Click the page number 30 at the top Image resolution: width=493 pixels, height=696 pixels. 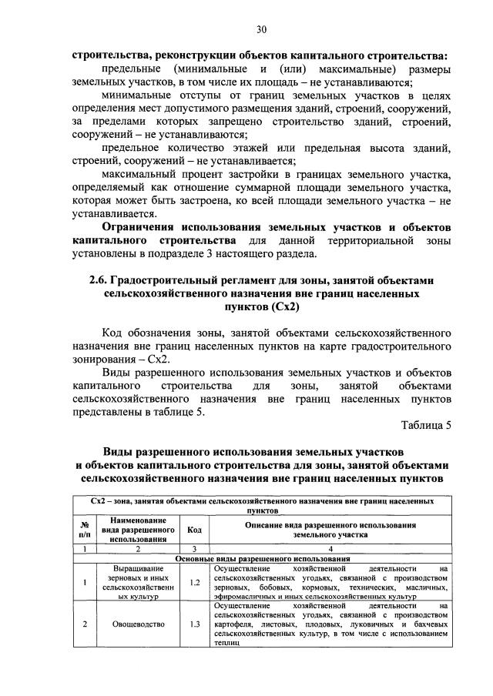(x=261, y=29)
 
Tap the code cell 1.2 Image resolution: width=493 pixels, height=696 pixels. (x=193, y=582)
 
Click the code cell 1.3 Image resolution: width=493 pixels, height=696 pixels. (x=193, y=624)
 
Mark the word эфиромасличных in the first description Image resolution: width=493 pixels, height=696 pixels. (x=245, y=597)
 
